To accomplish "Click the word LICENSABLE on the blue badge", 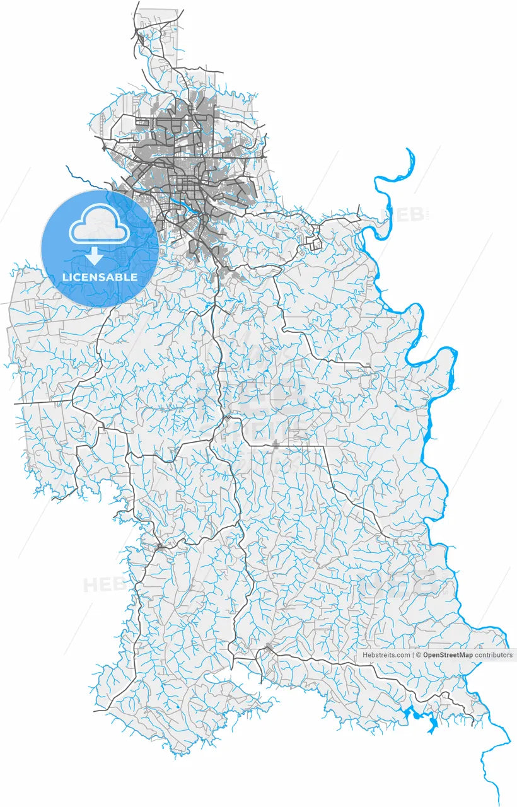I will [x=100, y=277].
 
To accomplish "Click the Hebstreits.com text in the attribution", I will [x=386, y=655].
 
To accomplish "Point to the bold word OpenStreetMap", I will [x=448, y=655].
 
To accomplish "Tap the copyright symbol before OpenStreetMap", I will [x=418, y=655].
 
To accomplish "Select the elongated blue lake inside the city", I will [x=184, y=207].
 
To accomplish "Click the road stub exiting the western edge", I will [x=17, y=402].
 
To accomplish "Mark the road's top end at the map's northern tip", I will [x=137, y=3].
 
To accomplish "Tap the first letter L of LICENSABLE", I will [x=64, y=277].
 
